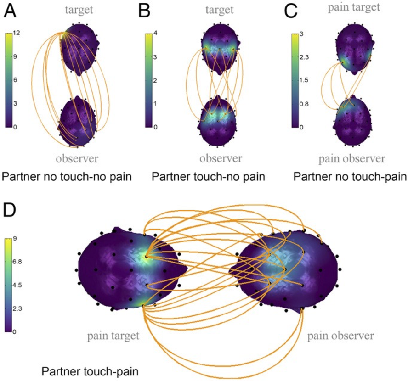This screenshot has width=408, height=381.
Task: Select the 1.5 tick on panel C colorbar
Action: [301, 80]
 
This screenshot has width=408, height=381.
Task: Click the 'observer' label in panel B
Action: [221, 158]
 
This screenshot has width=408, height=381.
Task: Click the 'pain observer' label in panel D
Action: [340, 336]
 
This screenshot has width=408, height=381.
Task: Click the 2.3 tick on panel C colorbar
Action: [301, 57]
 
